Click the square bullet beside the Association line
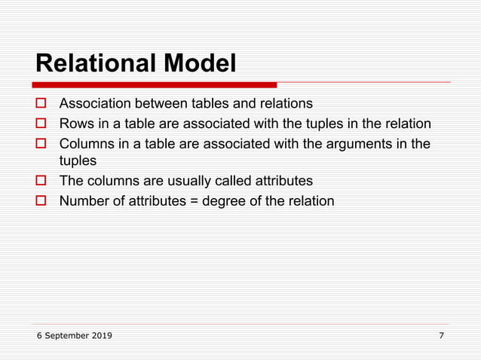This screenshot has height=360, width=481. (x=42, y=104)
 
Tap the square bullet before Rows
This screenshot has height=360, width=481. (x=42, y=124)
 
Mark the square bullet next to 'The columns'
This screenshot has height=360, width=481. (x=42, y=182)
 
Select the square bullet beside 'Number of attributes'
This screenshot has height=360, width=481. (x=42, y=201)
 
